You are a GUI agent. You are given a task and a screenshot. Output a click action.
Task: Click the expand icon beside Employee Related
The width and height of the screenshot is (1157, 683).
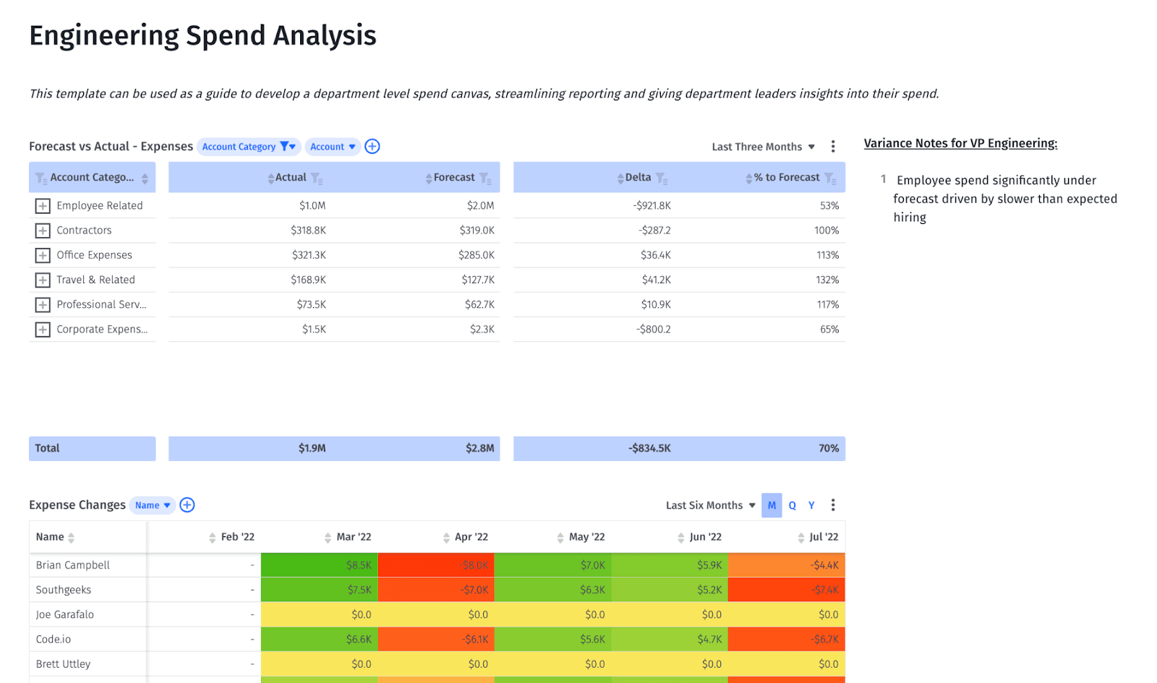pyautogui.click(x=43, y=206)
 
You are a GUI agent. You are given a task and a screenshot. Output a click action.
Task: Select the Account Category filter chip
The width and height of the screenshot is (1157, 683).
pyautogui.click(x=248, y=147)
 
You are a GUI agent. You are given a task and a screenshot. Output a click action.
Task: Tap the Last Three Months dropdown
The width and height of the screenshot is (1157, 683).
pyautogui.click(x=763, y=147)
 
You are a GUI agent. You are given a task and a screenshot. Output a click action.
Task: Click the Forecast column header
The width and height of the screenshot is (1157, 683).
pyautogui.click(x=454, y=178)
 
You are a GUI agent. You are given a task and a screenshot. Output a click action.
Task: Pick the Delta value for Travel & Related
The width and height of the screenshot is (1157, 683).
pyautogui.click(x=656, y=280)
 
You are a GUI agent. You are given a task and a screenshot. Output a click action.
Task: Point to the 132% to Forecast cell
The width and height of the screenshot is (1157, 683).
pyautogui.click(x=827, y=280)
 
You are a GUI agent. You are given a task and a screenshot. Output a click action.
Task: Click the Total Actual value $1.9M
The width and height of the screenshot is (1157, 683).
pyautogui.click(x=312, y=448)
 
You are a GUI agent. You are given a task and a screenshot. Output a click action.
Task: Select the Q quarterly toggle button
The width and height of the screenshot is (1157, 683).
pyautogui.click(x=792, y=505)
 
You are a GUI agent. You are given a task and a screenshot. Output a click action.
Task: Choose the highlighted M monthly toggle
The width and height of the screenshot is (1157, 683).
pyautogui.click(x=772, y=505)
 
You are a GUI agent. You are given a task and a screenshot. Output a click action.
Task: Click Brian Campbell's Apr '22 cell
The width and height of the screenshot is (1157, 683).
pyautogui.click(x=436, y=565)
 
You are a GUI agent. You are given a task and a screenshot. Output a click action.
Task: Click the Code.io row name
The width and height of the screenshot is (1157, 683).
pyautogui.click(x=54, y=639)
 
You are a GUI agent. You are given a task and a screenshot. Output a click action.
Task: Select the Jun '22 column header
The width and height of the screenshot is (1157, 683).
pyautogui.click(x=705, y=537)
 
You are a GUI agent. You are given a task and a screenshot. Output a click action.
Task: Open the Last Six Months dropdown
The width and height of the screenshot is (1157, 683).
pyautogui.click(x=710, y=505)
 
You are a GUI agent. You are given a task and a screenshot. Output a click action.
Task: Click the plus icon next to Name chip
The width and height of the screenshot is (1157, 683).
pyautogui.click(x=187, y=505)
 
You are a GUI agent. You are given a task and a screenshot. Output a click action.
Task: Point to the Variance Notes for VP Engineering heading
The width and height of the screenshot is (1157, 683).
pyautogui.click(x=960, y=143)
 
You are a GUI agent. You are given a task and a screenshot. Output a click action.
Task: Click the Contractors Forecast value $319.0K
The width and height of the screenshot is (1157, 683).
pyautogui.click(x=477, y=231)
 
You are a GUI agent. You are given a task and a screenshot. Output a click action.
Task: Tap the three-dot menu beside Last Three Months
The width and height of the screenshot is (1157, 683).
pyautogui.click(x=833, y=147)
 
